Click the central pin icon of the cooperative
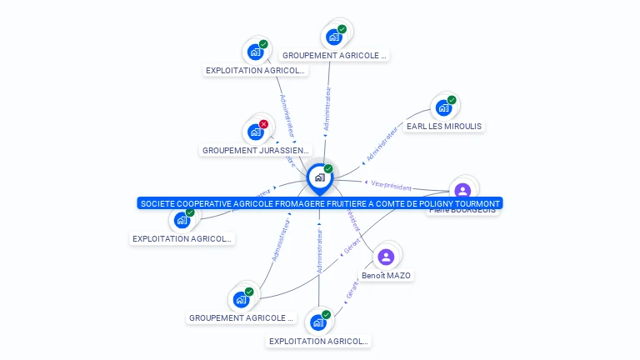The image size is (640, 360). [x=319, y=177]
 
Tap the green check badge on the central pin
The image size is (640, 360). [x=328, y=169]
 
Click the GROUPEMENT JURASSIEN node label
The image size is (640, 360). [x=248, y=151]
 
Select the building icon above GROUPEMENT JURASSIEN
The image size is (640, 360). [x=256, y=132]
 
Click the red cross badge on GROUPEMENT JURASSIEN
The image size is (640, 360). [x=263, y=124]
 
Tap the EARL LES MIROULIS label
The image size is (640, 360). [x=443, y=127]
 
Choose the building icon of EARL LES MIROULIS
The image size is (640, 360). [x=443, y=107]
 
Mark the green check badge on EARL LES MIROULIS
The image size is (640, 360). [x=452, y=100]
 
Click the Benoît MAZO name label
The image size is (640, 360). [x=386, y=276]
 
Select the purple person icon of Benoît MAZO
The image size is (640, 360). [x=385, y=256]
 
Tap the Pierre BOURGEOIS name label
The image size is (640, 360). [x=462, y=211]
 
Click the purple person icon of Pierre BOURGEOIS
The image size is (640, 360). [x=462, y=190]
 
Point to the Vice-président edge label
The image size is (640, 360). [x=392, y=185]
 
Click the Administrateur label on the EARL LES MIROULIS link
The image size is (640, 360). [x=382, y=143]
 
